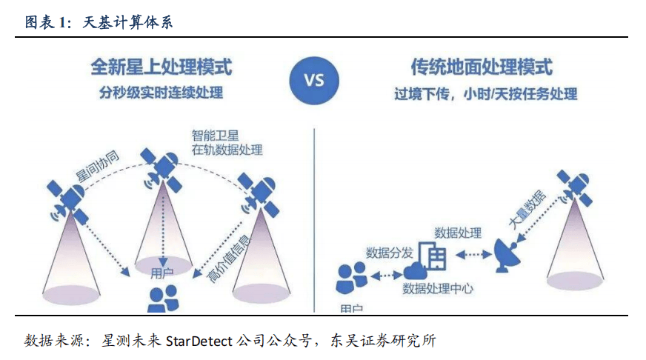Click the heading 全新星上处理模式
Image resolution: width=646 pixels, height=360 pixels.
[x=161, y=67]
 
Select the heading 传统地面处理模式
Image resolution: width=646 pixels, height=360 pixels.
[x=482, y=67]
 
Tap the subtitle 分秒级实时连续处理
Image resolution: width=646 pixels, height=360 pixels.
[x=161, y=94]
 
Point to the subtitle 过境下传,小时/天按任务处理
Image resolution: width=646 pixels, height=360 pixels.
[x=485, y=95]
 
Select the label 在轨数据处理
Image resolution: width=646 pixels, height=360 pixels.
[x=227, y=150]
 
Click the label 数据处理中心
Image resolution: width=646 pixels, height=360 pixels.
[x=438, y=287]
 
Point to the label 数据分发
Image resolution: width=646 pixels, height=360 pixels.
[x=389, y=252]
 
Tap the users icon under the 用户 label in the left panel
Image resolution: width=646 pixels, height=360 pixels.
[x=162, y=298]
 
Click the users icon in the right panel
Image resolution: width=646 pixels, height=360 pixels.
[x=351, y=278]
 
